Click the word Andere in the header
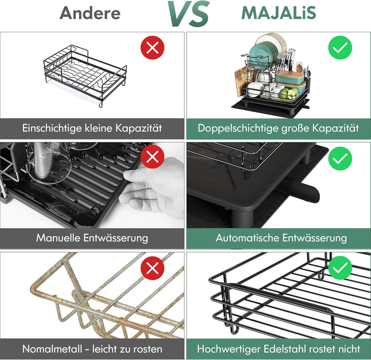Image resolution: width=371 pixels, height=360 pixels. click(x=90, y=13)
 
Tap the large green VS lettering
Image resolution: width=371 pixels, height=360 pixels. click(x=189, y=13)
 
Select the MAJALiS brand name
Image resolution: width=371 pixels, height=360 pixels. click(x=279, y=13)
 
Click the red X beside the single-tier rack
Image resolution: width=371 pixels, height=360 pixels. click(x=153, y=47)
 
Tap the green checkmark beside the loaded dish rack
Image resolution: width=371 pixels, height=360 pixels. click(x=340, y=47)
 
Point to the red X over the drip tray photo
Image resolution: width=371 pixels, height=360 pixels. click(x=153, y=157)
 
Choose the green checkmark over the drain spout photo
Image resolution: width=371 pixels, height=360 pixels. click(x=340, y=158)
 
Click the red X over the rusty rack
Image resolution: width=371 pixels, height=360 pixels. click(x=153, y=268)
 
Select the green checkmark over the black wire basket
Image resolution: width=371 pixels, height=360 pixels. click(x=340, y=268)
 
